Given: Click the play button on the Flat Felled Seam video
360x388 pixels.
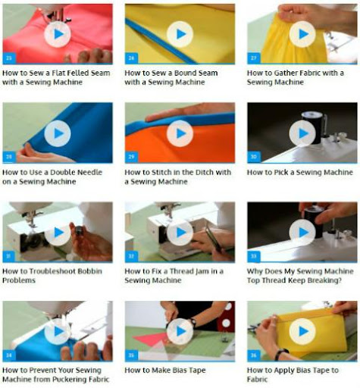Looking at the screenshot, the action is [58, 34].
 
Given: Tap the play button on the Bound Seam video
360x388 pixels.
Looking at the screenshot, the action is [180, 34].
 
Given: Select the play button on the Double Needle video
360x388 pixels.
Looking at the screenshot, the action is [58, 133].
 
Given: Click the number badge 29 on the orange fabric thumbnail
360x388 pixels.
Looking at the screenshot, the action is [131, 157].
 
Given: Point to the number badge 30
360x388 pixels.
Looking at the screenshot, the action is [254, 157].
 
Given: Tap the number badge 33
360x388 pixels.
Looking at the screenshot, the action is [254, 256].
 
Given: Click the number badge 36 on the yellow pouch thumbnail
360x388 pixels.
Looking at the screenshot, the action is [254, 355].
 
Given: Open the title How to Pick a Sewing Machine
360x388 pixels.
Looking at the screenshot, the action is [300, 172].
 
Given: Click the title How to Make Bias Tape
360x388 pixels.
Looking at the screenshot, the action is [165, 370].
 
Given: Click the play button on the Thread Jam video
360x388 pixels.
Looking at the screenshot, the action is [180, 232].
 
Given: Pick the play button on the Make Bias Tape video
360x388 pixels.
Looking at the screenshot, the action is [180, 331].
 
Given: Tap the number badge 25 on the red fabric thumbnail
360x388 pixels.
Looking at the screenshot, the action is [9, 58].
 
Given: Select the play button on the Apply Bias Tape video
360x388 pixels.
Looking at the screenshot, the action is [302, 331].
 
